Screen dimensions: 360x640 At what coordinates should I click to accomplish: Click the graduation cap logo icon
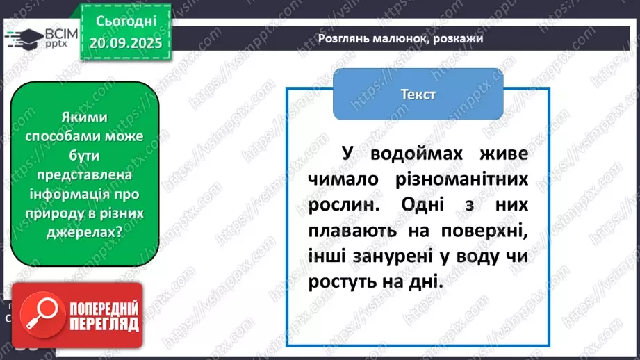(26, 38)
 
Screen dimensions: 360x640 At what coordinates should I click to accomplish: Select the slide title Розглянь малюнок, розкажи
(400, 39)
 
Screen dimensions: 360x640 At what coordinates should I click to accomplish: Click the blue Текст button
(418, 94)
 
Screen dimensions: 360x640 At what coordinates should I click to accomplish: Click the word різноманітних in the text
(466, 179)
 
